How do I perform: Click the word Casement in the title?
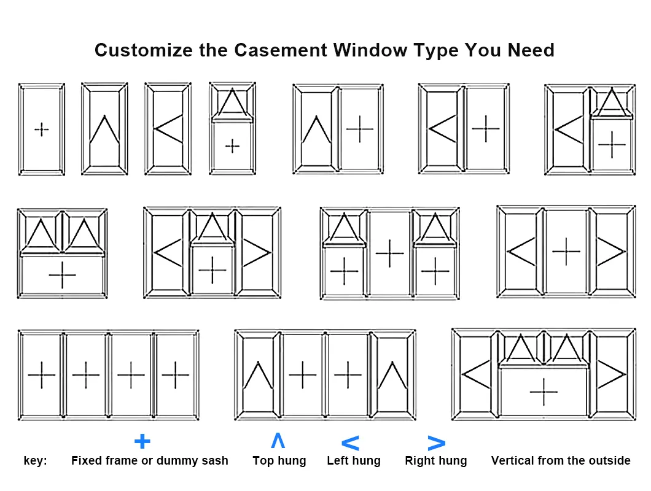(281, 50)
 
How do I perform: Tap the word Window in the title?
(370, 50)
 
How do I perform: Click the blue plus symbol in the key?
(142, 441)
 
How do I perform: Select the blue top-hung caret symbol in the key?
(278, 440)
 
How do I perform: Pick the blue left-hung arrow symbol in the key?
(350, 443)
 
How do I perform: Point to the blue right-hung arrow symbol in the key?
(436, 443)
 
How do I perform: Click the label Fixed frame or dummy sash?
(149, 461)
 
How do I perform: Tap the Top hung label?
(279, 461)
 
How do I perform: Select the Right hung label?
(436, 461)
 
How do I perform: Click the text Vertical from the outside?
(561, 461)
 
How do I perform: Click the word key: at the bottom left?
(35, 461)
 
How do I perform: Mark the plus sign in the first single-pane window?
(42, 130)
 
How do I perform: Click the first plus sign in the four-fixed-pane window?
(42, 375)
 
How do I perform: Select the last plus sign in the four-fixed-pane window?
(176, 375)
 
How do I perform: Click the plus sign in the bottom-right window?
(544, 392)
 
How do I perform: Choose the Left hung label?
(354, 461)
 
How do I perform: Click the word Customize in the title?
(144, 50)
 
